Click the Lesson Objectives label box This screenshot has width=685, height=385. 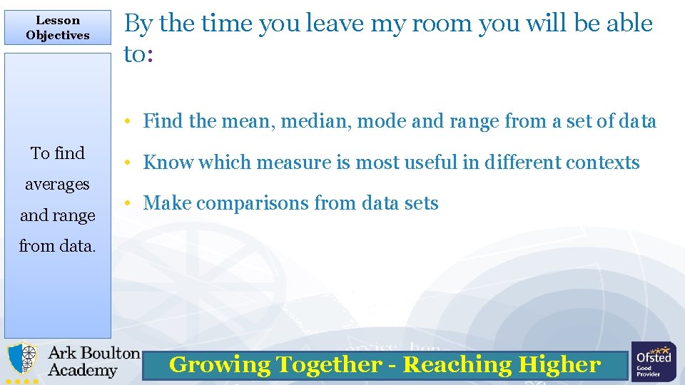tap(58, 28)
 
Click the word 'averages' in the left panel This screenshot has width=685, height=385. tap(58, 184)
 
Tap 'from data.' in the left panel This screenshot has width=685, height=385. tap(58, 246)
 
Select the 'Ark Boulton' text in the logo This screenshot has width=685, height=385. tap(93, 353)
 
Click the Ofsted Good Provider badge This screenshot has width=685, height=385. tap(653, 361)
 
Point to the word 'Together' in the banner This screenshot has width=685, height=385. tap(328, 365)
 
